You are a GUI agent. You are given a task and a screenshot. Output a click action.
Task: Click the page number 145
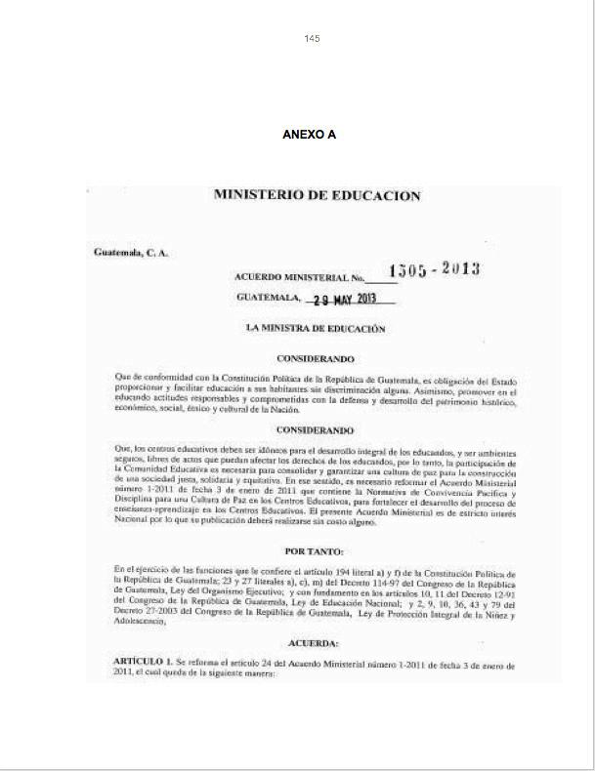[313, 39]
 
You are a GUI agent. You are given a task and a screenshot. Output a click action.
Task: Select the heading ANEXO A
[309, 135]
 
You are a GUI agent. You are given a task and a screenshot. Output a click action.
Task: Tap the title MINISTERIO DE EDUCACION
[317, 195]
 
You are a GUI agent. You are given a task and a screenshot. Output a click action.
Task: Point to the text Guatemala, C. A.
[131, 253]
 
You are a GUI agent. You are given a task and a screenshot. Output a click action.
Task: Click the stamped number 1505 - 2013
[434, 270]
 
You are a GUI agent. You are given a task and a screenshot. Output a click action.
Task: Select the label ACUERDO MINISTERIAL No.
[299, 278]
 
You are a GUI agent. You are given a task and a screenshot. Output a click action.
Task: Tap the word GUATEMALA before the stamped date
[268, 298]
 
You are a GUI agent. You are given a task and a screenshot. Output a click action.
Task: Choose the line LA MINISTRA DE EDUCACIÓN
[316, 329]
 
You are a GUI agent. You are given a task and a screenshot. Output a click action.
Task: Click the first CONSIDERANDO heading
[315, 359]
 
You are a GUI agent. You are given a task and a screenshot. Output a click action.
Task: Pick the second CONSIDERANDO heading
[315, 429]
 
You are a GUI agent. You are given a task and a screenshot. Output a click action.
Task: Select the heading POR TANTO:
[315, 551]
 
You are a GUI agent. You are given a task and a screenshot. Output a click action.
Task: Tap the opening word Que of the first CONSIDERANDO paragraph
[121, 377]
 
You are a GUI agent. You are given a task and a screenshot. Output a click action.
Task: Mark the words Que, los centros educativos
[161, 448]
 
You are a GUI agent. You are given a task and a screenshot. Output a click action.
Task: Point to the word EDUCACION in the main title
[376, 195]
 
